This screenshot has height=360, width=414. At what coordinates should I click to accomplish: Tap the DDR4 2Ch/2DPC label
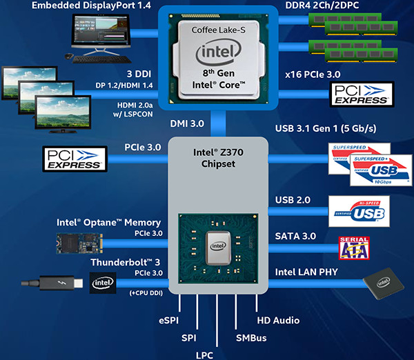pos(321,6)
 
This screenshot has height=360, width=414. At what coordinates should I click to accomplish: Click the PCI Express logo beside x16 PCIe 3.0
pos(362,95)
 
